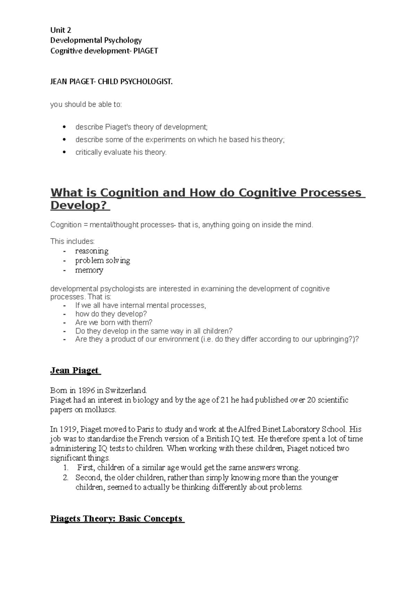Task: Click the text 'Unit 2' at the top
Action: pos(61,30)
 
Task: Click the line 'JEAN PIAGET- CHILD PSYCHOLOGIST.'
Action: pos(111,82)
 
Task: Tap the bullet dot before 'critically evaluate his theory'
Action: pos(63,152)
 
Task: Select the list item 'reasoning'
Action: pos(92,251)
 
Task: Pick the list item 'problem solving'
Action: pos(102,261)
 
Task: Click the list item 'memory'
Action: pos(89,270)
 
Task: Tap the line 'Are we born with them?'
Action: pos(114,322)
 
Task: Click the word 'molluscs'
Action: pos(101,410)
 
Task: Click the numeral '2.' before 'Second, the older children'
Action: pos(66,478)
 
